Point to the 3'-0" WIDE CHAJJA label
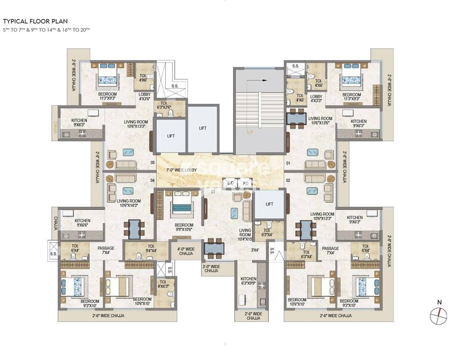click(211, 269)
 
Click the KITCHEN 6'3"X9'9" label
click(248, 282)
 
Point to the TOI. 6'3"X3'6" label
click(163, 107)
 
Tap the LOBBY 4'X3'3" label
click(316, 98)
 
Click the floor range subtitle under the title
click(46, 30)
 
